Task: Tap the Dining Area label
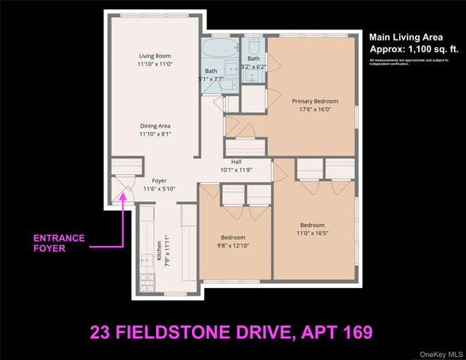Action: pos(155,126)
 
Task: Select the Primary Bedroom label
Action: pos(314,100)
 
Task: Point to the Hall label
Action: pos(236,160)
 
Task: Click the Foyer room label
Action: pos(158,181)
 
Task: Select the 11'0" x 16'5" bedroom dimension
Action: pos(312,233)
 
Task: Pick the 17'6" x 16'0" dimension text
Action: pos(314,109)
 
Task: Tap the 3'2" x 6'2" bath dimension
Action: pos(254,66)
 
